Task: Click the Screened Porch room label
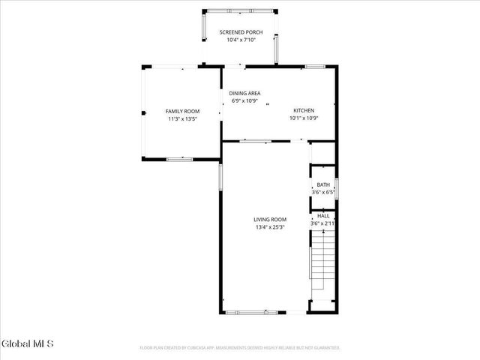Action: [241, 32]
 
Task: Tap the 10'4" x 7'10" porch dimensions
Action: [241, 40]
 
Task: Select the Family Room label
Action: [182, 111]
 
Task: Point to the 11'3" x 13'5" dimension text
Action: [182, 118]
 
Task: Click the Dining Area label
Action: [245, 93]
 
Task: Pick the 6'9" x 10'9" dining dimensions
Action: [245, 100]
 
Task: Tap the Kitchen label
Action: [305, 110]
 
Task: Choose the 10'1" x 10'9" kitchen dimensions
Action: [305, 118]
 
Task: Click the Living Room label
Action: [269, 219]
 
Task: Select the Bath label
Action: [323, 184]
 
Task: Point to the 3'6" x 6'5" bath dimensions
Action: [323, 192]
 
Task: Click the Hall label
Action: [323, 215]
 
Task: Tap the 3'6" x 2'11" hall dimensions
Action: [323, 223]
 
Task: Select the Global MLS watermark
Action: [28, 343]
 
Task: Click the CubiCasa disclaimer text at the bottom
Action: [240, 348]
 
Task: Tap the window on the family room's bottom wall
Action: [179, 159]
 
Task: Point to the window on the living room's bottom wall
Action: [253, 311]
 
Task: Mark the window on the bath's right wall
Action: [337, 188]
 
